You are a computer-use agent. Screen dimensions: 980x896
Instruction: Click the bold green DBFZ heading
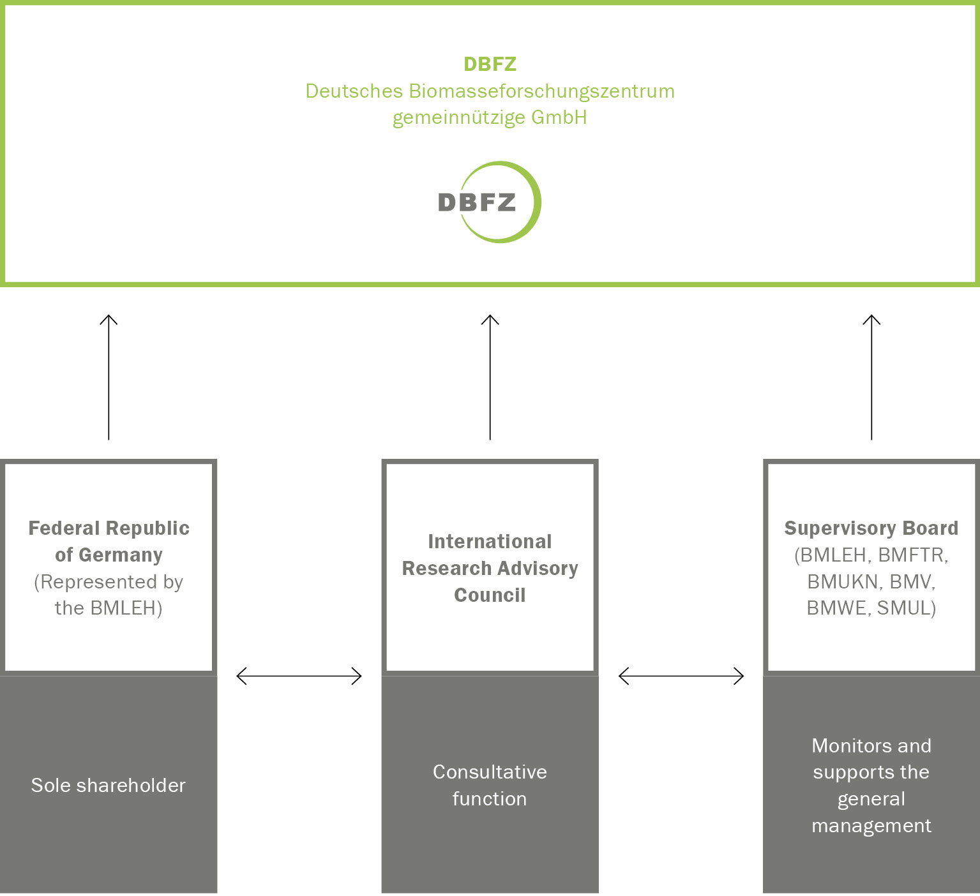pyautogui.click(x=490, y=64)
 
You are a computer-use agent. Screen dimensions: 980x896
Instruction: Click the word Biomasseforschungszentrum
pyautogui.click(x=541, y=91)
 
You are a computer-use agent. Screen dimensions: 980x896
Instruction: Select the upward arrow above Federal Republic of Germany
pyautogui.click(x=109, y=377)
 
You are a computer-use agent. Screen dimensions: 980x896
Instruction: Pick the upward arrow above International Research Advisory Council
pyautogui.click(x=490, y=377)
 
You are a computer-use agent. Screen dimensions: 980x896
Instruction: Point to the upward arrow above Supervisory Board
pyautogui.click(x=871, y=377)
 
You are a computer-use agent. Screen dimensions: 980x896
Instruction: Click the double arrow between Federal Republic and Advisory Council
pyautogui.click(x=299, y=676)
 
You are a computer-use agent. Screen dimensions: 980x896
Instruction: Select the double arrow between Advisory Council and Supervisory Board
pyautogui.click(x=681, y=676)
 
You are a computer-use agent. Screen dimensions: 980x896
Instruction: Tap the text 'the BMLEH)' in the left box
pyautogui.click(x=109, y=608)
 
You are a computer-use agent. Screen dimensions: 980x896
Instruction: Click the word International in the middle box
pyautogui.click(x=490, y=542)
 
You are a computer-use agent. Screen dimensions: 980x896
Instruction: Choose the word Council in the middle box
pyautogui.click(x=490, y=595)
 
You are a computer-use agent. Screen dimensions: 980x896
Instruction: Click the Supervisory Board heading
pyautogui.click(x=871, y=528)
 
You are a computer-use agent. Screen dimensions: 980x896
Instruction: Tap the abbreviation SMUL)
pyautogui.click(x=907, y=608)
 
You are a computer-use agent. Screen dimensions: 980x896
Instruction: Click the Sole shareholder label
pyautogui.click(x=109, y=786)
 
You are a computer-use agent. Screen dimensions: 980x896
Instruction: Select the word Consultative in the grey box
pyautogui.click(x=490, y=772)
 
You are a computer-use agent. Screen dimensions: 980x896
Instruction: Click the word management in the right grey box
pyautogui.click(x=871, y=826)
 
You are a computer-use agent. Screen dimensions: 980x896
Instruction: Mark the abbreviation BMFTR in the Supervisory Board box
pyautogui.click(x=913, y=555)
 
